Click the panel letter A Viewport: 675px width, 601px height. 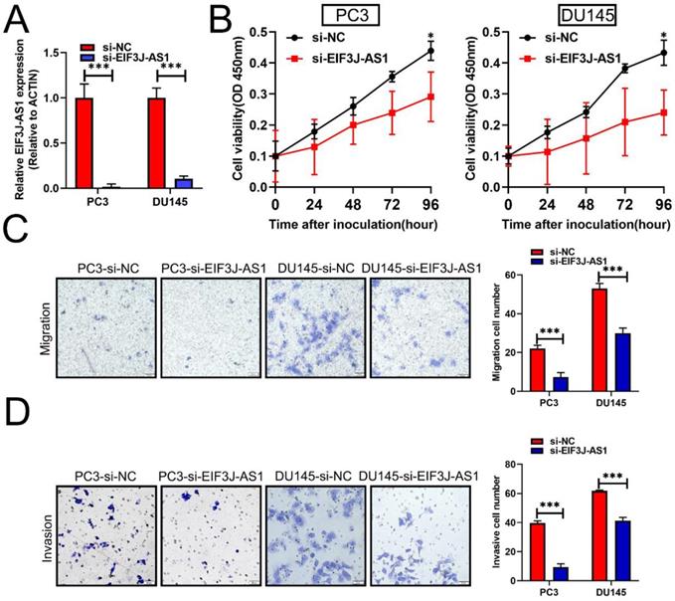(x=17, y=17)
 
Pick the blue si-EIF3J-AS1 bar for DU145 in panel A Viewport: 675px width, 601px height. (x=182, y=182)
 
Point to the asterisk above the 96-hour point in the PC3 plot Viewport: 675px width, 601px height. (x=430, y=35)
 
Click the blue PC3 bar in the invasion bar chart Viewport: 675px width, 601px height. (x=561, y=574)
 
